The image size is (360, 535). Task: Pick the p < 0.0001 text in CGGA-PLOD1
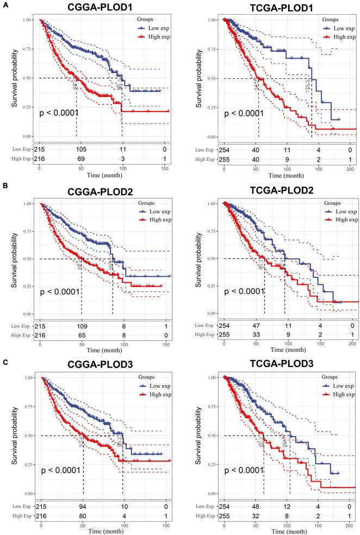tap(59, 113)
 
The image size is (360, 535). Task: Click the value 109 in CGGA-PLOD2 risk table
tap(81, 326)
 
